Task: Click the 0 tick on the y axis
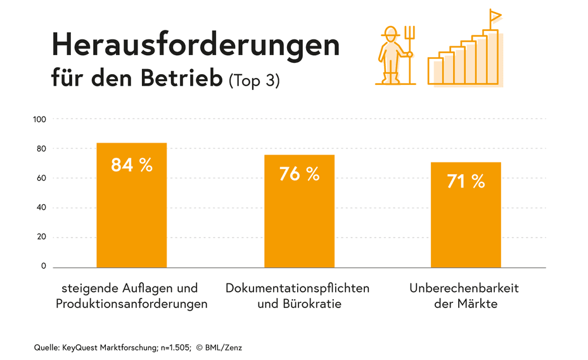coord(44,267)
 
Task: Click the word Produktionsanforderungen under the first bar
coord(131,304)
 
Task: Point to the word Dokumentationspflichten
coord(297,288)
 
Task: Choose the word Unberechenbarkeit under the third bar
coord(464,288)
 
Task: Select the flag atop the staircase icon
coord(495,15)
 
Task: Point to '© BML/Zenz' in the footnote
coord(219,347)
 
